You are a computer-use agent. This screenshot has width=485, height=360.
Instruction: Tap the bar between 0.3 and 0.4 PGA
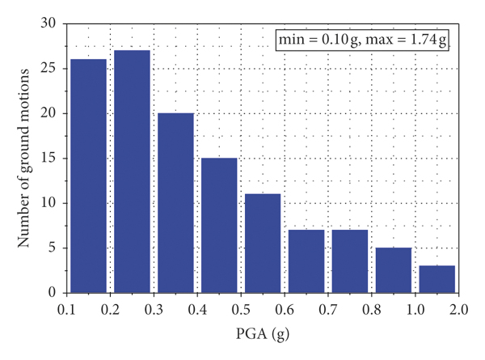point(175,202)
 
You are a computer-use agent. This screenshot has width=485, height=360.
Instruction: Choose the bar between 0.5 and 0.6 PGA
point(263,243)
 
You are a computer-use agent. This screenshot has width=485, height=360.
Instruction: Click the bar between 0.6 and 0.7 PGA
point(306,260)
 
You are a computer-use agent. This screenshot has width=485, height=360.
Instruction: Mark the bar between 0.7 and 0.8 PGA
point(350,260)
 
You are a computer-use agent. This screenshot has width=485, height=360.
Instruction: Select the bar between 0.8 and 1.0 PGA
point(394,269)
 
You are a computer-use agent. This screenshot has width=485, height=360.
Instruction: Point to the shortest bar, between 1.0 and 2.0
point(437,278)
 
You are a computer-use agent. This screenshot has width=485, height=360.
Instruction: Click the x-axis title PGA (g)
point(262,333)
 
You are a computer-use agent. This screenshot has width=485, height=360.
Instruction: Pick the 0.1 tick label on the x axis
point(66,308)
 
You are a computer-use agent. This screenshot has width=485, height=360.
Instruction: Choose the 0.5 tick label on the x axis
point(241,308)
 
